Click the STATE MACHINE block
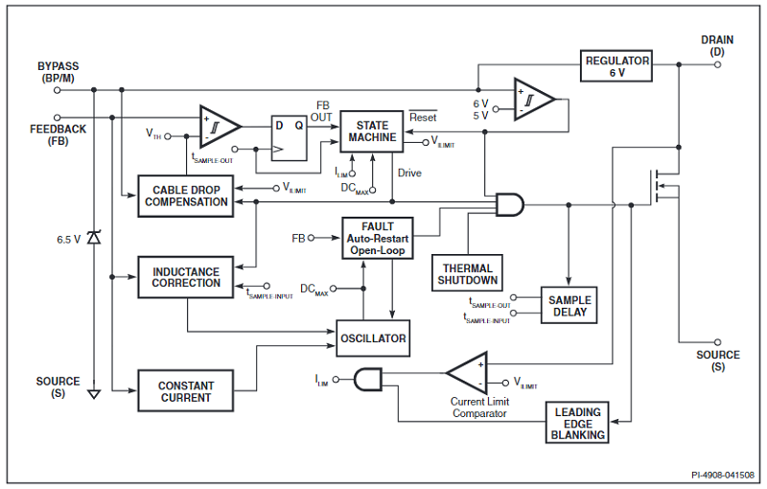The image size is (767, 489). point(372,131)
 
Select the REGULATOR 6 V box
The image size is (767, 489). point(617,66)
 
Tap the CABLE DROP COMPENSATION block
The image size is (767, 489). point(186,196)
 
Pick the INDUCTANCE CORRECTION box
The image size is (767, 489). point(186,277)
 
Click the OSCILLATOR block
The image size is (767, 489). point(373,338)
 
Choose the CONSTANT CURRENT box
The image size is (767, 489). point(186,391)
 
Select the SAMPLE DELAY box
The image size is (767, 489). point(569,306)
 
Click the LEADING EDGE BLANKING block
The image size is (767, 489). point(578,424)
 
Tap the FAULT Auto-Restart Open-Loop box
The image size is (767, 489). point(377,238)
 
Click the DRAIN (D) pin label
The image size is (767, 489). point(717,45)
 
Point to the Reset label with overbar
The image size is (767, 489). point(423,118)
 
